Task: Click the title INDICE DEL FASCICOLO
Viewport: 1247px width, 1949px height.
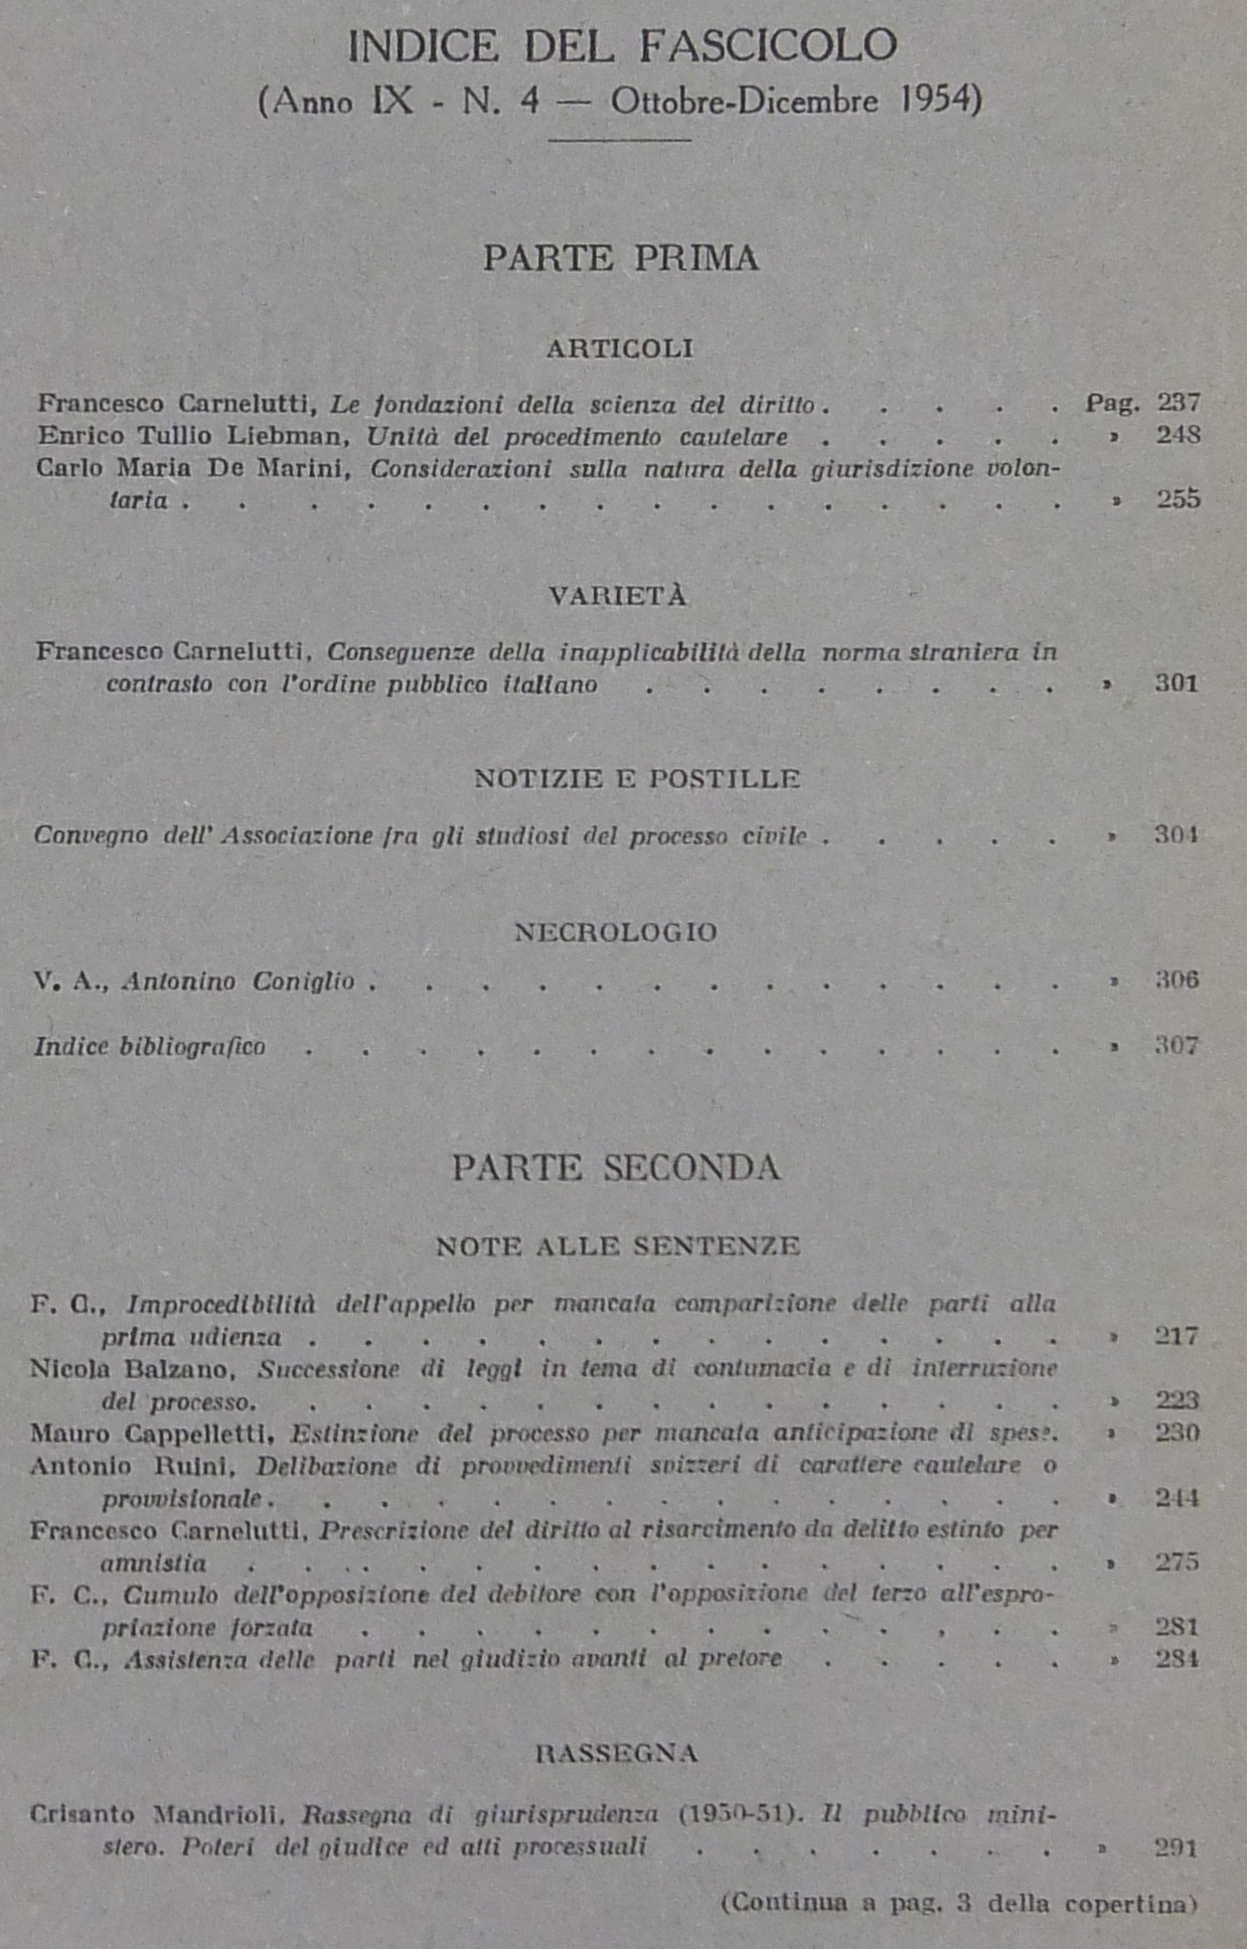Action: [x=622, y=46]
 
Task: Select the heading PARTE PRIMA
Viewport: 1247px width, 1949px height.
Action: [x=621, y=258]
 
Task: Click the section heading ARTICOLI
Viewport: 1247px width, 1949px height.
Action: [x=620, y=349]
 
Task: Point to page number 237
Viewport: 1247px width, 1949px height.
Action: [x=1178, y=402]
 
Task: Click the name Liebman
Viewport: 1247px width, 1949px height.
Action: [x=299, y=436]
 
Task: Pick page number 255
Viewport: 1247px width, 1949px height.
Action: [x=1178, y=499]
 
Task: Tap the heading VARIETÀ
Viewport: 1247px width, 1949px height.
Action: [x=618, y=596]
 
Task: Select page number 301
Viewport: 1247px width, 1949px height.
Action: [x=1176, y=683]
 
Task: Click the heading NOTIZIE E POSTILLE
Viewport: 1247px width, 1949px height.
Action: [x=637, y=779]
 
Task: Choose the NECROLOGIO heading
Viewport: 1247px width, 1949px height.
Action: [x=616, y=933]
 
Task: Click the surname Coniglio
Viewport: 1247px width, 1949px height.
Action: [x=303, y=981]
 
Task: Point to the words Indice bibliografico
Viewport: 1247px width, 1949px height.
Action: [x=150, y=1046]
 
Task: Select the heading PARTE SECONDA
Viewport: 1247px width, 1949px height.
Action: [x=617, y=1167]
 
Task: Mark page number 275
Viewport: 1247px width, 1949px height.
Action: [x=1176, y=1562]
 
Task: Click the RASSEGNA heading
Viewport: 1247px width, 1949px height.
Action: [x=617, y=1753]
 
